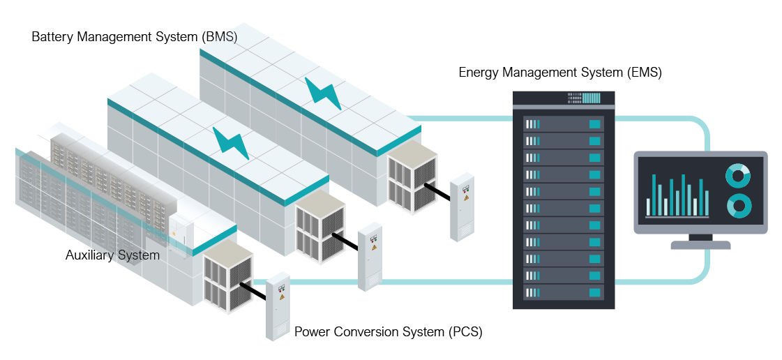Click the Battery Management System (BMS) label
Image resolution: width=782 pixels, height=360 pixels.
(134, 36)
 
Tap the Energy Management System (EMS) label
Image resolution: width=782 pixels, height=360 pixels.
(559, 73)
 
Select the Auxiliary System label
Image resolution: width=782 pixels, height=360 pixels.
(112, 255)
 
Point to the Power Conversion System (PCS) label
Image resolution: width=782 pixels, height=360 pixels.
(388, 331)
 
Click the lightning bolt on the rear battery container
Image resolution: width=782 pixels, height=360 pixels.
(322, 93)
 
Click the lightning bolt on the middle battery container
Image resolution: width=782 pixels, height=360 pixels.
(230, 142)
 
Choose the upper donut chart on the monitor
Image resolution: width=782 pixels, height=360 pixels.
(737, 176)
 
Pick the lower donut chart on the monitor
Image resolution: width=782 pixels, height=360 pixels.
(737, 205)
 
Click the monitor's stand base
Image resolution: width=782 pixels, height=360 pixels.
(700, 245)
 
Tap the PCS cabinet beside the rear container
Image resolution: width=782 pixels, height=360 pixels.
(462, 207)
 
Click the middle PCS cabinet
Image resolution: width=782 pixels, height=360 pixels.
(370, 256)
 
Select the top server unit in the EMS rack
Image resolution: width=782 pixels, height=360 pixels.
(564, 124)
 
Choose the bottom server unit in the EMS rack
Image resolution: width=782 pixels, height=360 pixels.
(564, 293)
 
